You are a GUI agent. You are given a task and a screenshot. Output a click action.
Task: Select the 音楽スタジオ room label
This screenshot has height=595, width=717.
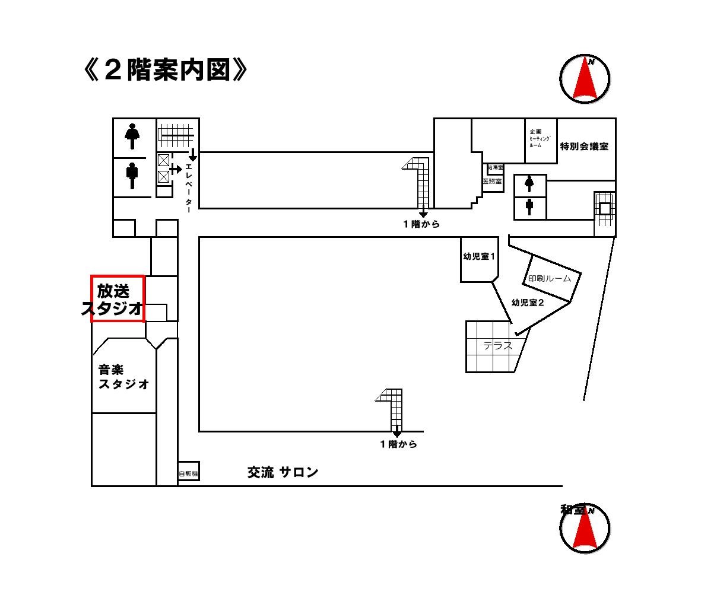(x=123, y=377)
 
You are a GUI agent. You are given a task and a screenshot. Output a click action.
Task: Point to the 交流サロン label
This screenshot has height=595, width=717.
(x=283, y=472)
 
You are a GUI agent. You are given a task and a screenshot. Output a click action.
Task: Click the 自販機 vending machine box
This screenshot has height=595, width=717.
(x=188, y=473)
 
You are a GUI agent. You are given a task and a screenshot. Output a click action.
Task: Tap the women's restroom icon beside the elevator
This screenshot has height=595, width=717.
(x=132, y=136)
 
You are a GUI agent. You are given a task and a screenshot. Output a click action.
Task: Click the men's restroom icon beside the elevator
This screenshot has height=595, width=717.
(x=132, y=175)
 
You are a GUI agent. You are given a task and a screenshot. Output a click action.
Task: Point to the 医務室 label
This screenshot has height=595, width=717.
(x=493, y=182)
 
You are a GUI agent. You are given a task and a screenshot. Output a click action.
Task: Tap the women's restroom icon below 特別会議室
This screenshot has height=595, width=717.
(x=529, y=185)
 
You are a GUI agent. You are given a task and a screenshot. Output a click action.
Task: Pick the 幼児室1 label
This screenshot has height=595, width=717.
(x=478, y=257)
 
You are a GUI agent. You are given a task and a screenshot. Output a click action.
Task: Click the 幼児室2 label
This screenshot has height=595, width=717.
(x=528, y=303)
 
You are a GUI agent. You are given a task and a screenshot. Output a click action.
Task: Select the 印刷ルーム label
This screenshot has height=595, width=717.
(x=550, y=279)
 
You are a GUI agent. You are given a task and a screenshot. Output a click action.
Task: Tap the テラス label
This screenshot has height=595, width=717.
(x=497, y=346)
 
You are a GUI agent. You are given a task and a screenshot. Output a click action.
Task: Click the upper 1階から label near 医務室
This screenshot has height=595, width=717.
(x=421, y=224)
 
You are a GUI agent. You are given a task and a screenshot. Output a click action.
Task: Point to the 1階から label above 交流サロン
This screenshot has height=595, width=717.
(x=398, y=444)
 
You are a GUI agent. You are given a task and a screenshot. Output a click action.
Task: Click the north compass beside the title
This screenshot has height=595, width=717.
(x=585, y=78)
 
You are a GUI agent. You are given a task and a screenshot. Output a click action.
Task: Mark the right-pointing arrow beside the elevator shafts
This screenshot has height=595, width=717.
(x=175, y=169)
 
